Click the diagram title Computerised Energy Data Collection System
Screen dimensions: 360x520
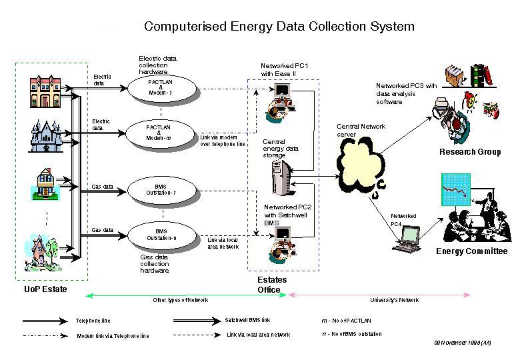click(279, 27)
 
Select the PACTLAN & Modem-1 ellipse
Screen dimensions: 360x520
click(160, 87)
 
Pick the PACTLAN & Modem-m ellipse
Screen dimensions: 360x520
click(160, 131)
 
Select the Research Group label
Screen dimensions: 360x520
click(469, 152)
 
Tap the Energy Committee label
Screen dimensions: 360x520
click(471, 251)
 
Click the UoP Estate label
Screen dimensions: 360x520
click(46, 289)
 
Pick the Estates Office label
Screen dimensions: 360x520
click(272, 285)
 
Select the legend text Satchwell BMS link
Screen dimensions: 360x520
click(247, 319)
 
